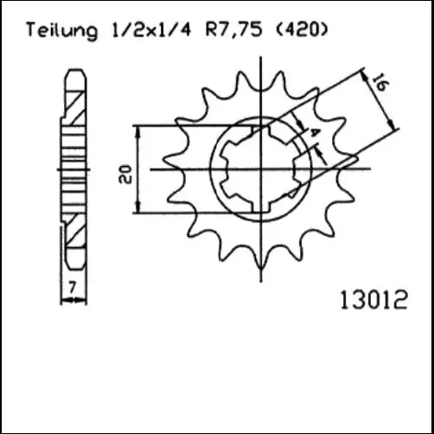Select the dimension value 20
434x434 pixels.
127,173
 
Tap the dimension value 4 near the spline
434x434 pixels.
315,133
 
